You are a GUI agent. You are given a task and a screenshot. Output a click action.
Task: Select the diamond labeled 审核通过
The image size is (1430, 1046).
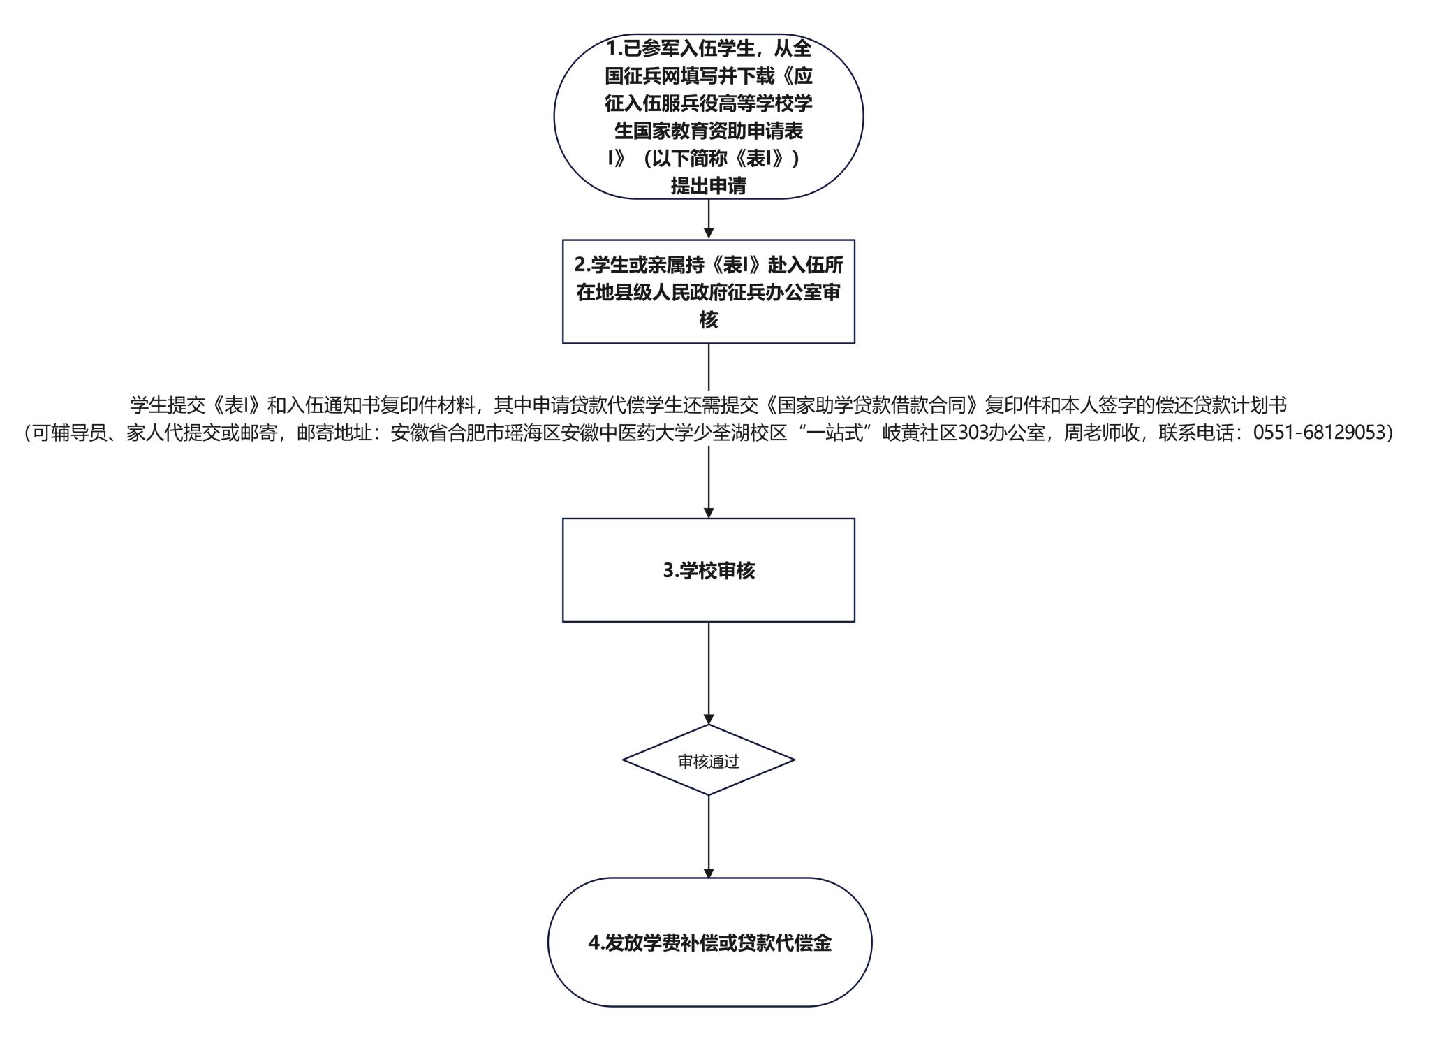pyautogui.click(x=709, y=760)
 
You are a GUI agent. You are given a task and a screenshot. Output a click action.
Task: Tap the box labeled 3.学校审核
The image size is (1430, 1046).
pyautogui.click(x=709, y=570)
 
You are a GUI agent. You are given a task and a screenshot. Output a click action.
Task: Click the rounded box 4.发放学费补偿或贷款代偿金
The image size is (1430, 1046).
pyautogui.click(x=709, y=942)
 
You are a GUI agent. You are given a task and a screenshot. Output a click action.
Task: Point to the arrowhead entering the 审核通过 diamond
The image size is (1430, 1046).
pyautogui.click(x=709, y=719)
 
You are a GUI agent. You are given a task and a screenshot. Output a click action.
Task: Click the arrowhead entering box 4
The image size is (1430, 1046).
pyautogui.click(x=709, y=873)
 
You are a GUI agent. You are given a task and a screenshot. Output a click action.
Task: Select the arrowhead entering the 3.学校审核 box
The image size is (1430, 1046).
pyautogui.click(x=709, y=513)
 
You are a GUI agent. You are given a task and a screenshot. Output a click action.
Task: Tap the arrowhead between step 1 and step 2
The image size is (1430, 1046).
pyautogui.click(x=709, y=234)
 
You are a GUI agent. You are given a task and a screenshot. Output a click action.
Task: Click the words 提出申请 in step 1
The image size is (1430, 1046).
pyautogui.click(x=709, y=186)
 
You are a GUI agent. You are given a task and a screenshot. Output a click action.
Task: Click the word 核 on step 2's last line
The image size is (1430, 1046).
pyautogui.click(x=709, y=320)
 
